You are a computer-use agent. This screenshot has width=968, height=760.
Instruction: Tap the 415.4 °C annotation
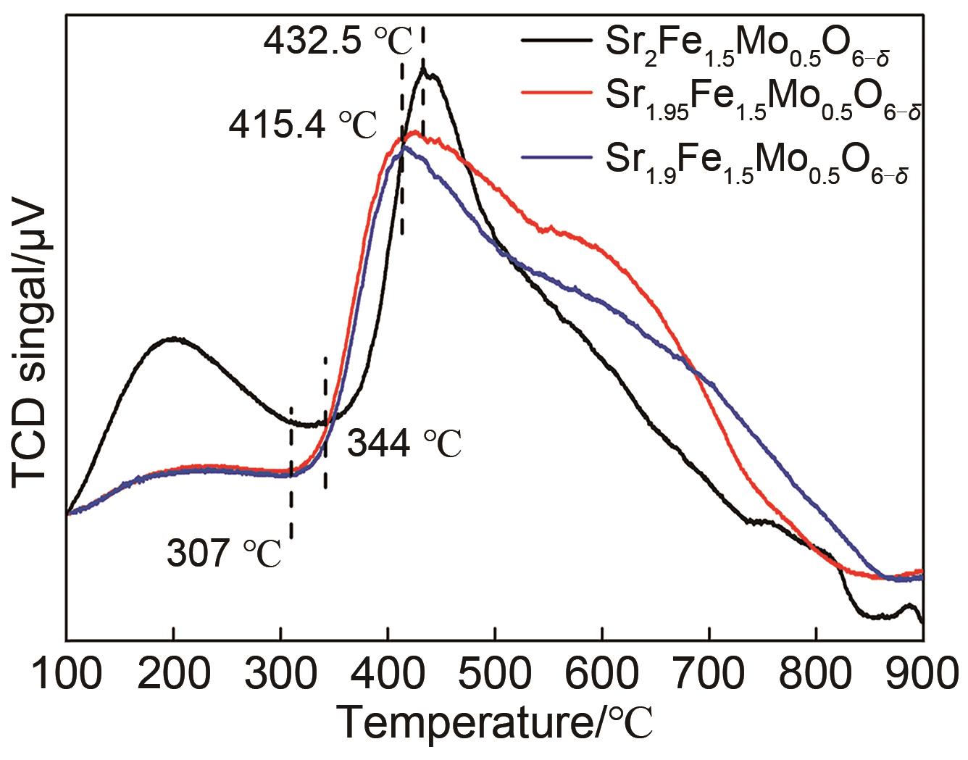click(x=303, y=127)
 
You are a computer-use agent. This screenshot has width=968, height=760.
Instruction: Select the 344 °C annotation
click(x=404, y=443)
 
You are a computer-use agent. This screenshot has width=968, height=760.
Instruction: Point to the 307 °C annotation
click(x=223, y=555)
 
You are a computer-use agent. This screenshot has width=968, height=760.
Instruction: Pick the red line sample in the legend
click(x=554, y=92)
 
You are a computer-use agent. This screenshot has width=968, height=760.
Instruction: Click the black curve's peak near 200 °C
click(x=172, y=338)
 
